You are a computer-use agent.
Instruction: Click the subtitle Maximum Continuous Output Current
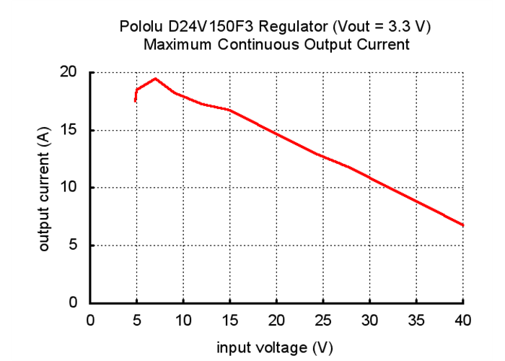(276, 44)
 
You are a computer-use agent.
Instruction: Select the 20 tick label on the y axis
(69, 72)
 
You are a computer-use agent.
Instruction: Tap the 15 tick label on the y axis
(69, 130)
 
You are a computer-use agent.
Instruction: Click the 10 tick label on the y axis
(69, 188)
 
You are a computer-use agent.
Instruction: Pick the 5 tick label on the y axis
(73, 245)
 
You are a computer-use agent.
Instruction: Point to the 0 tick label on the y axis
(73, 303)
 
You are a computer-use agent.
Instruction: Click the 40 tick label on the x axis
(462, 320)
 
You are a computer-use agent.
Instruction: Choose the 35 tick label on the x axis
(416, 320)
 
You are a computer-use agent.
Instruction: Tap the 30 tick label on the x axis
(369, 320)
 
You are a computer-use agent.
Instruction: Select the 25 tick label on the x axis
(323, 320)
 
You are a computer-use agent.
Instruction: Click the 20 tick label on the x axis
(276, 320)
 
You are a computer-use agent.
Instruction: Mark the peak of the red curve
(155, 78)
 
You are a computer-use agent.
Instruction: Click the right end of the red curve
(462, 225)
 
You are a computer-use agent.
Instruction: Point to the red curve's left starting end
(135, 101)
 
